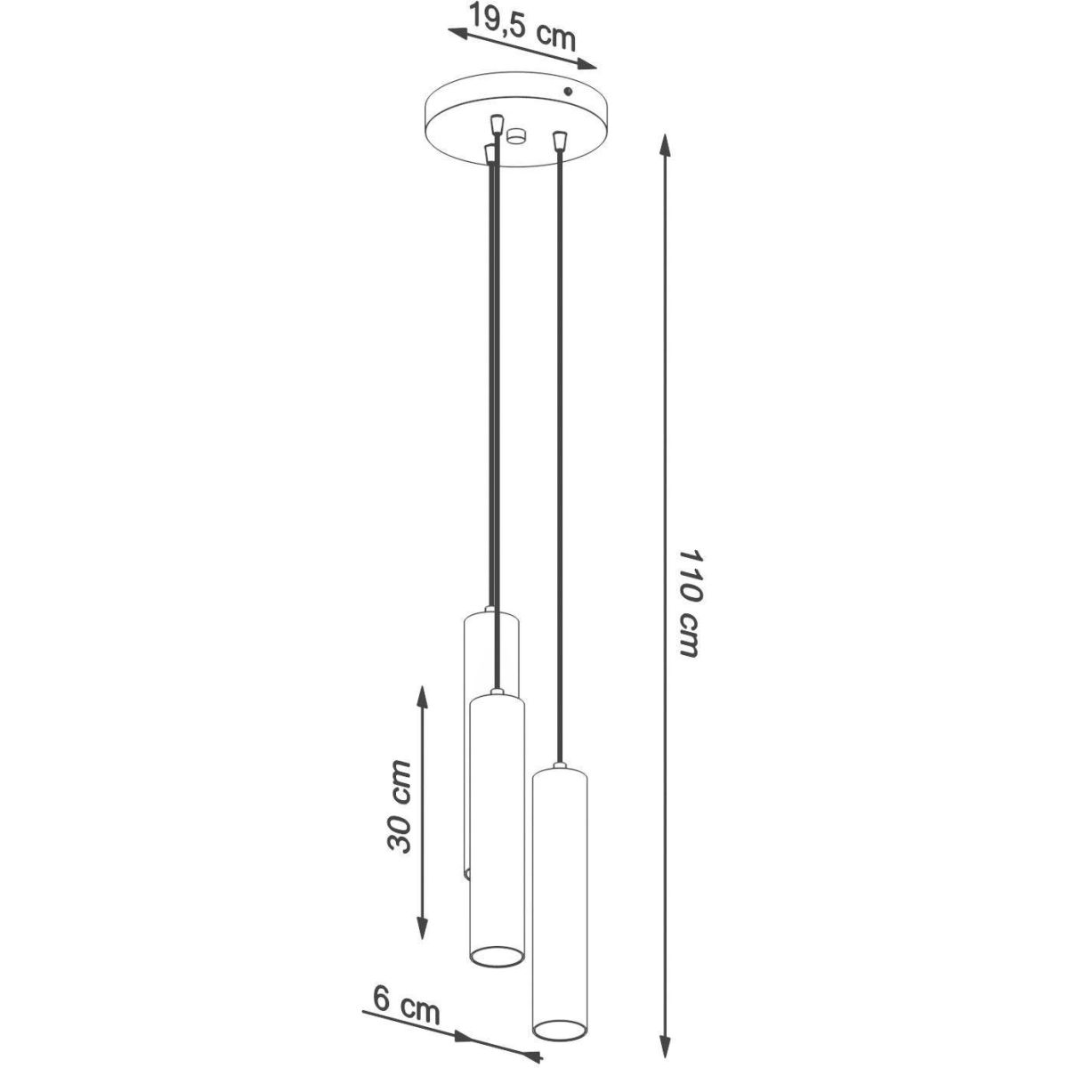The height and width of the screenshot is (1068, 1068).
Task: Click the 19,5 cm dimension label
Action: tap(522, 26)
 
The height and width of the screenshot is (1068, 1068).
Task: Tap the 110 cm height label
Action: tap(691, 603)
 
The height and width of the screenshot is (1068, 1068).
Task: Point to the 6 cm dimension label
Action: tap(406, 975)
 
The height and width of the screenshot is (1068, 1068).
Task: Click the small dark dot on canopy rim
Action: tap(568, 91)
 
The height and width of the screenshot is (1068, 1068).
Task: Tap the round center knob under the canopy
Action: tap(516, 136)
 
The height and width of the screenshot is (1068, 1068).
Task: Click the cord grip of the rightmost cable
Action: tap(561, 141)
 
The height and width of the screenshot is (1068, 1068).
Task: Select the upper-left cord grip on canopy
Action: tap(498, 124)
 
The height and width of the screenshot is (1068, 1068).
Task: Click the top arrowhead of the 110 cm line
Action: tap(665, 146)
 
